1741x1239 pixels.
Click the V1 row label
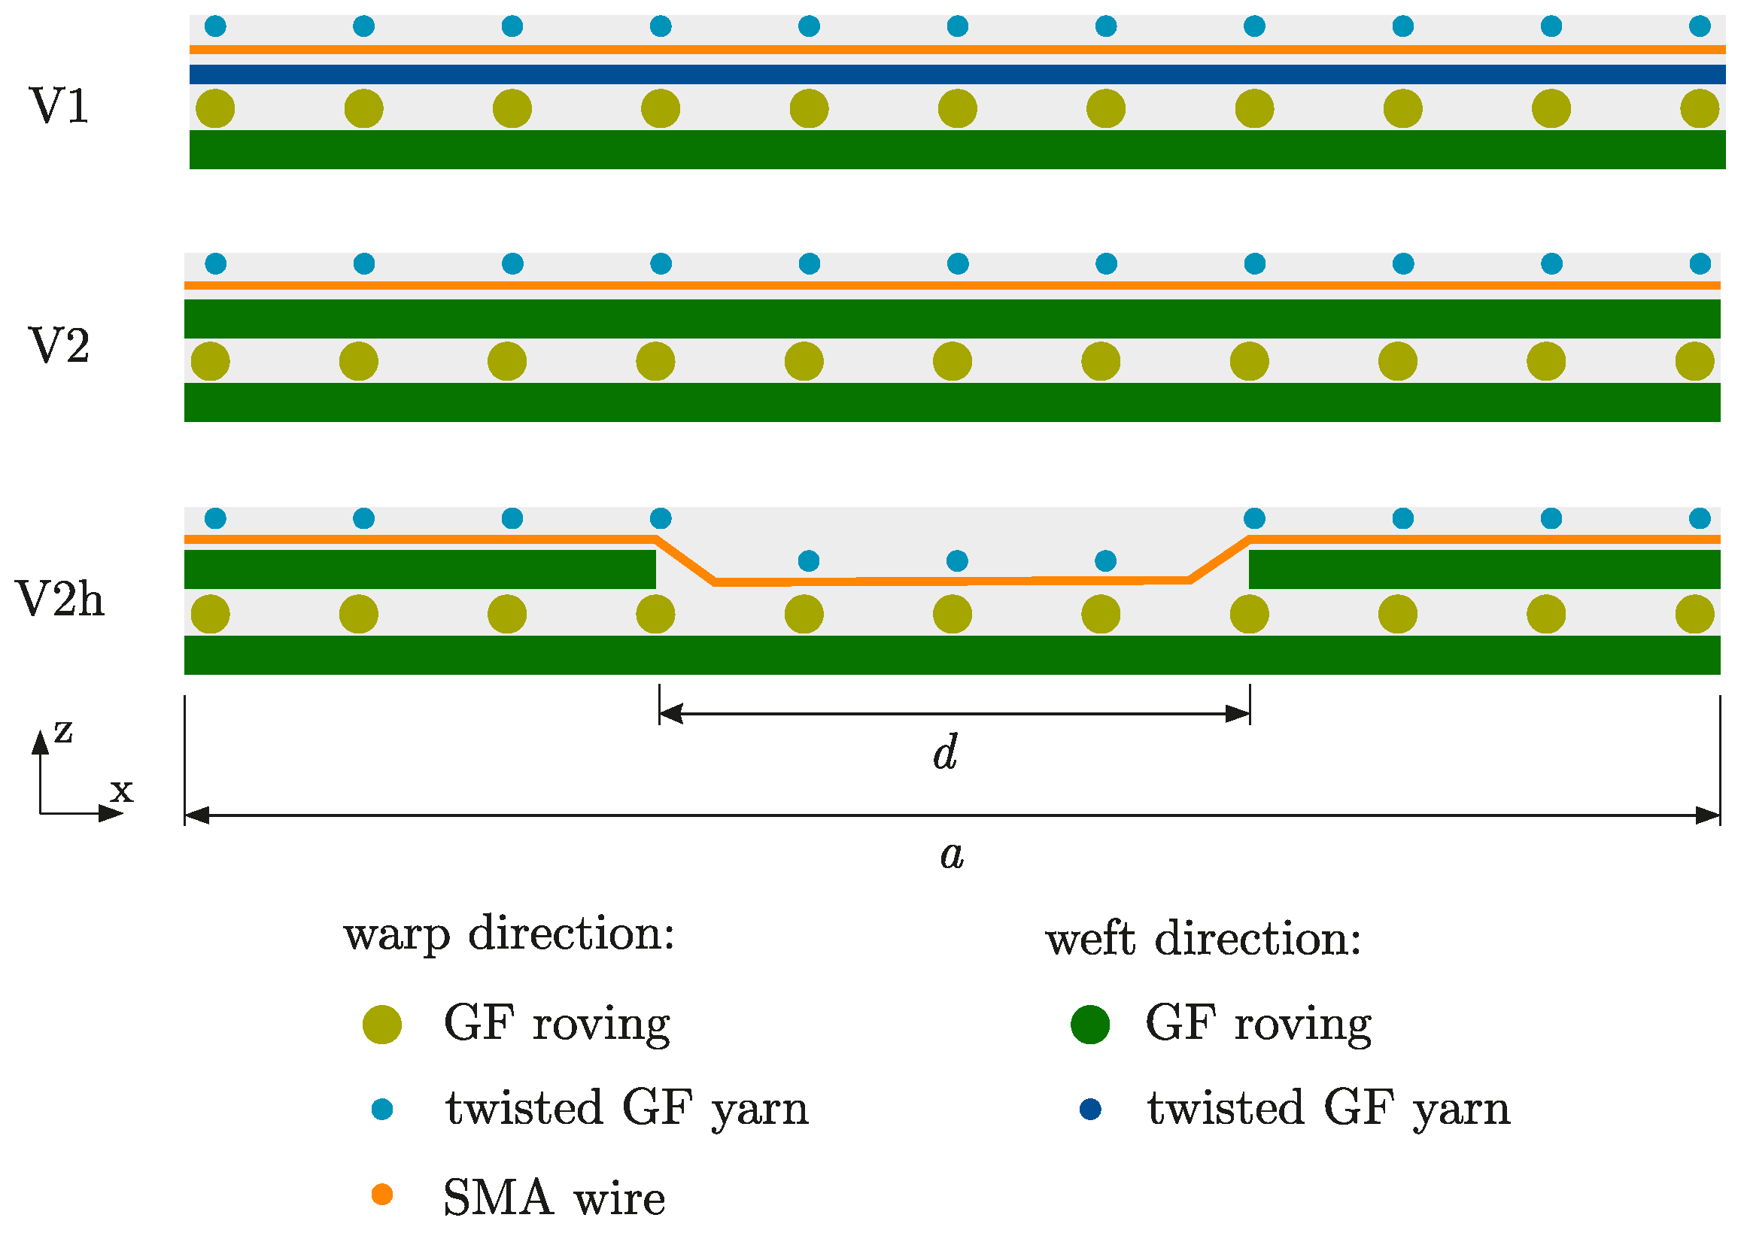tap(59, 105)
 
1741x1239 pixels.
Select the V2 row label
tap(59, 345)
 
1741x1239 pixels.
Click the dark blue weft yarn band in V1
tap(958, 74)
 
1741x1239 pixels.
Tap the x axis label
tap(121, 791)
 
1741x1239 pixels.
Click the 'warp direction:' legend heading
tap(509, 935)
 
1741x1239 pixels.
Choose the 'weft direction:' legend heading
tap(1203, 938)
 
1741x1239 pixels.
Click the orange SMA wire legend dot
tap(381, 1194)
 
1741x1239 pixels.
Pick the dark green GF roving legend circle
tap(1089, 1024)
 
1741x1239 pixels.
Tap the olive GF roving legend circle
tap(381, 1024)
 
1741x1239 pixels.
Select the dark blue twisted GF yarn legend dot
tap(1090, 1110)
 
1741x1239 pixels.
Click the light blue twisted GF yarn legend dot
tap(381, 1110)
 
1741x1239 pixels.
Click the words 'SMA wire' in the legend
tap(555, 1196)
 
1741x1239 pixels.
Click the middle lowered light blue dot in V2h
tap(957, 560)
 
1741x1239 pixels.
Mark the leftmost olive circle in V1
tap(215, 108)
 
